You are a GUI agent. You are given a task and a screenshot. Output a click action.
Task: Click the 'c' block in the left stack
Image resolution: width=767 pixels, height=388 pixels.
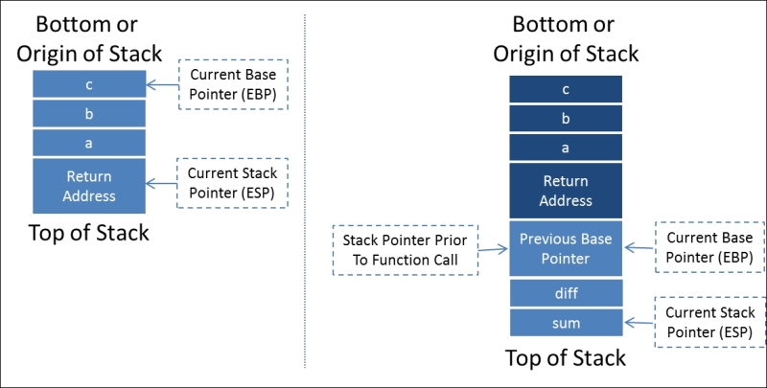coord(88,84)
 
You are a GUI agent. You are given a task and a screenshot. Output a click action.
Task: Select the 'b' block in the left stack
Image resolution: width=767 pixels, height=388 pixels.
coord(88,114)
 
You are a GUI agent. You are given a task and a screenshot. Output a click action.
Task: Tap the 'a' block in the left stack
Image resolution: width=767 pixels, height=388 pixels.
coord(88,143)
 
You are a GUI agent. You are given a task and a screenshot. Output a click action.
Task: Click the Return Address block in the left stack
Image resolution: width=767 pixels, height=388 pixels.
coord(88,186)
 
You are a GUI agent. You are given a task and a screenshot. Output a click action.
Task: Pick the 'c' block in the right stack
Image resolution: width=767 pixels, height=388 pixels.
coord(566,89)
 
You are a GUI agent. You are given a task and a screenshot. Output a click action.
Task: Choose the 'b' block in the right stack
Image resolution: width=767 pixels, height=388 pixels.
coord(566,118)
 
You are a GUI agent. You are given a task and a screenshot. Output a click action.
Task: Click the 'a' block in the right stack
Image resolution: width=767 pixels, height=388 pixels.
coord(566,148)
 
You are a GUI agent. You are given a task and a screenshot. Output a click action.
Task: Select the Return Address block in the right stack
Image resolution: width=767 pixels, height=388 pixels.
coord(566,191)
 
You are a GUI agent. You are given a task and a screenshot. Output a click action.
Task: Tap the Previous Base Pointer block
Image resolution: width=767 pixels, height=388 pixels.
coord(566,248)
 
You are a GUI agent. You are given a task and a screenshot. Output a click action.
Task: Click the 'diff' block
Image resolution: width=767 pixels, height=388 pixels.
coord(566,293)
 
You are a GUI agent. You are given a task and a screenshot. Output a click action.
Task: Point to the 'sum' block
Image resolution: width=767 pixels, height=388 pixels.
coord(566,323)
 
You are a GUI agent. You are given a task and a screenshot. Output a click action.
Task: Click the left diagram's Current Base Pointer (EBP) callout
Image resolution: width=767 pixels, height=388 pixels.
coord(233,83)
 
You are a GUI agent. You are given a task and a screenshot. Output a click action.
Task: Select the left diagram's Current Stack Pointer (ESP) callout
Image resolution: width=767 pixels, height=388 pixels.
coord(232,182)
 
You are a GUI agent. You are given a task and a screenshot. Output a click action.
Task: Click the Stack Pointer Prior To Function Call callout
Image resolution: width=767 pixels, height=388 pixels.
coord(405,250)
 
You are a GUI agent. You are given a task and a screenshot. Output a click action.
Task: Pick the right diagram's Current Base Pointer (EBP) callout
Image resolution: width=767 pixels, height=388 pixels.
coord(709,247)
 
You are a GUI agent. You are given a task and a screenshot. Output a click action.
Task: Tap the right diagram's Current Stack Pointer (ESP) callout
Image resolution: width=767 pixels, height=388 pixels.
coord(709,322)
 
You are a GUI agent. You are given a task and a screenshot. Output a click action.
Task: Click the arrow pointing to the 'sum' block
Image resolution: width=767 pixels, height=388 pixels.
coord(639,323)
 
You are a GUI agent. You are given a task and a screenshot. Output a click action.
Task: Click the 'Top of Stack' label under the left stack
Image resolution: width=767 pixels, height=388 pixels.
coord(88,232)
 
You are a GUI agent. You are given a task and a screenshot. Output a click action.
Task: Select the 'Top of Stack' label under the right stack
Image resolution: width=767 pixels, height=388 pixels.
coord(566,358)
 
